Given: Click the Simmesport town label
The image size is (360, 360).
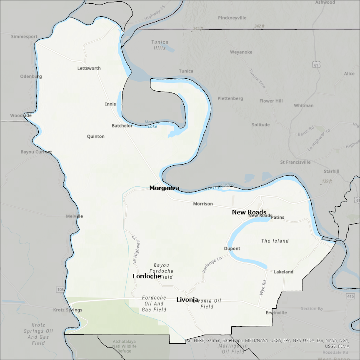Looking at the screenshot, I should [x=24, y=36].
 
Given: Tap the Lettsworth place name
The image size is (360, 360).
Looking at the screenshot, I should [x=89, y=68].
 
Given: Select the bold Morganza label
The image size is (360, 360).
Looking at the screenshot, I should [x=165, y=188].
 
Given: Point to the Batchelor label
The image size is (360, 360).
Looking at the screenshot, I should [x=122, y=126].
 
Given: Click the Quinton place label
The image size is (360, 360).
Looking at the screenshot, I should [x=96, y=137].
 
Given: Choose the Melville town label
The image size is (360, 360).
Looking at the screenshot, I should [x=75, y=216].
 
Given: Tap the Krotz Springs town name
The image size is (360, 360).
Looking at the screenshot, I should [x=68, y=310].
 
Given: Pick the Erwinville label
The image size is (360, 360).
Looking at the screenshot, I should [x=276, y=312].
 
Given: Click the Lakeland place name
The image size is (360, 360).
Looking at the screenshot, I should [x=284, y=272].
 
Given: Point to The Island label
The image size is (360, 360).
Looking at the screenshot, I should [x=275, y=241].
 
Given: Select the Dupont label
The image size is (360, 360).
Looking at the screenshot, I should [x=232, y=249].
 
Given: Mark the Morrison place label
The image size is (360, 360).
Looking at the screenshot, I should [x=203, y=204].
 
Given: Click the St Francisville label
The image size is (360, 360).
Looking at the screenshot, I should [x=295, y=162].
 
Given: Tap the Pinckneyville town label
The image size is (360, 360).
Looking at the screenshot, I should [x=232, y=18].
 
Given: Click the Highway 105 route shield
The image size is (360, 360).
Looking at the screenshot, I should [x=60, y=290].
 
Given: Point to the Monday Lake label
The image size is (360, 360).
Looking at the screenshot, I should [x=151, y=124].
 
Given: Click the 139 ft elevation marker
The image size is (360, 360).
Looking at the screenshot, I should [x=327, y=181].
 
